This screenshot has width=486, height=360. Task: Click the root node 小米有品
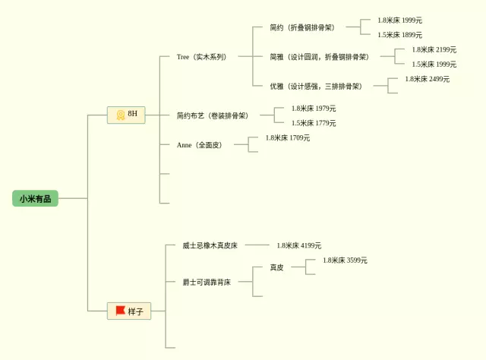point(35,198)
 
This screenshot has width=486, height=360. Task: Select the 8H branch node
point(126,115)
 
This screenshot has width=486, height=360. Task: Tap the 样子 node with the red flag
point(129,311)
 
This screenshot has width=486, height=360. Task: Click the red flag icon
point(120,310)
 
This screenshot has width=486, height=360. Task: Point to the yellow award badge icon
point(120,115)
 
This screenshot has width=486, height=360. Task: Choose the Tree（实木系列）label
point(201,57)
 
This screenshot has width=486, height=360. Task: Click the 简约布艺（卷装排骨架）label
point(213,115)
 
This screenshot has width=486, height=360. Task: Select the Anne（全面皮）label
point(200,144)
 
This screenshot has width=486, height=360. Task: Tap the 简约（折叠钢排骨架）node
point(301,27)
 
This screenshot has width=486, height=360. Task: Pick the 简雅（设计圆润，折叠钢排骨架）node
point(319,57)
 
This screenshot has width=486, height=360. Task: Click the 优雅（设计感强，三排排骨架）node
point(315,86)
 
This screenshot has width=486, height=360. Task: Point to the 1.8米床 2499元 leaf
point(427,79)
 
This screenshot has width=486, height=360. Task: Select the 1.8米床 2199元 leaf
point(434,49)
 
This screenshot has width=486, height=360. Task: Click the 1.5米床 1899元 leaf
point(400,35)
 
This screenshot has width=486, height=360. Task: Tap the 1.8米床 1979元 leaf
point(314,108)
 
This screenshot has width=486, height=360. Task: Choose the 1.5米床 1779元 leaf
point(314,123)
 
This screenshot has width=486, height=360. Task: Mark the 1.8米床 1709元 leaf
point(288,137)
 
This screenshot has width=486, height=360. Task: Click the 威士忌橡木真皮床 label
point(210,245)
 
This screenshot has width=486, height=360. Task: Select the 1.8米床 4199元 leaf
point(299,245)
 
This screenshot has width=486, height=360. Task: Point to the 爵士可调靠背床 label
point(207,282)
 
